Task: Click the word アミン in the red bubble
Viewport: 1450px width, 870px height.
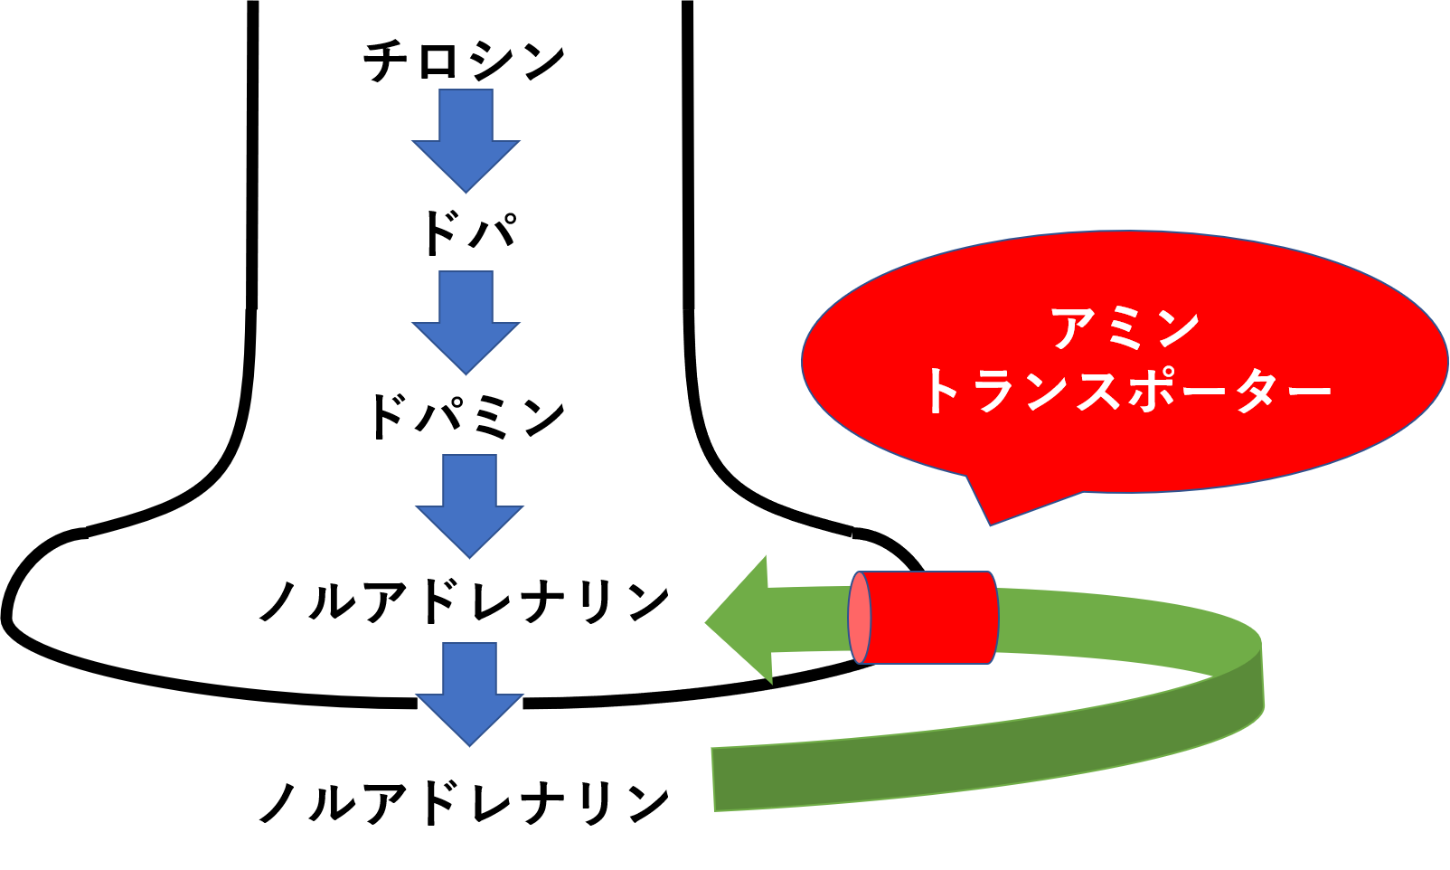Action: click(1125, 327)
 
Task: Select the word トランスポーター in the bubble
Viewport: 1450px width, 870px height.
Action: click(1125, 392)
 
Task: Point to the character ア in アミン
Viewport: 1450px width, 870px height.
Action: click(1073, 327)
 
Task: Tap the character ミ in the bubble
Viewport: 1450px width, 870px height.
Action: click(1125, 327)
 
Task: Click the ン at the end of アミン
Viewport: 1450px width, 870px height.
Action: click(1176, 327)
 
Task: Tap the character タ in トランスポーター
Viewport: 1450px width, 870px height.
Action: click(1256, 392)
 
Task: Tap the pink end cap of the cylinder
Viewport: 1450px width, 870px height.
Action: click(860, 618)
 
